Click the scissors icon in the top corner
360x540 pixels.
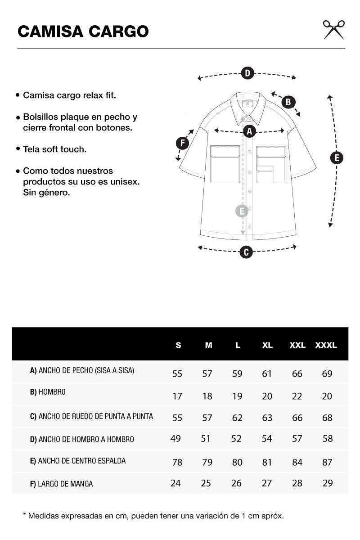(x=334, y=30)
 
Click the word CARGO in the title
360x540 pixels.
(x=118, y=31)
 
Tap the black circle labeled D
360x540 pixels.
(x=247, y=73)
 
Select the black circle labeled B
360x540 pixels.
(x=288, y=102)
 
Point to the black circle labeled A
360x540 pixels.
(x=249, y=131)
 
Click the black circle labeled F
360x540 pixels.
(x=183, y=143)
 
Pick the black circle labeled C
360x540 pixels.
(x=246, y=252)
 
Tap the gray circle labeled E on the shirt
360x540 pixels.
(x=242, y=211)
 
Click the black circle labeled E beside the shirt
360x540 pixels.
(x=337, y=158)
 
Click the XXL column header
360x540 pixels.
(x=297, y=345)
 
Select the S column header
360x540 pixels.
(x=178, y=345)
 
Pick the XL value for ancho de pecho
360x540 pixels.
(x=267, y=373)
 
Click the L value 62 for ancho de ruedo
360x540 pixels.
(x=237, y=418)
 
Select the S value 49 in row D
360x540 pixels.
(x=175, y=438)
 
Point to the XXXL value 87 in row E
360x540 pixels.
(x=327, y=463)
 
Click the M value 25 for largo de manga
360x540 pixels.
(x=206, y=483)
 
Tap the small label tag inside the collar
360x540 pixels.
(x=247, y=104)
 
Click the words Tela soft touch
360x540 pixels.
(x=55, y=149)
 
